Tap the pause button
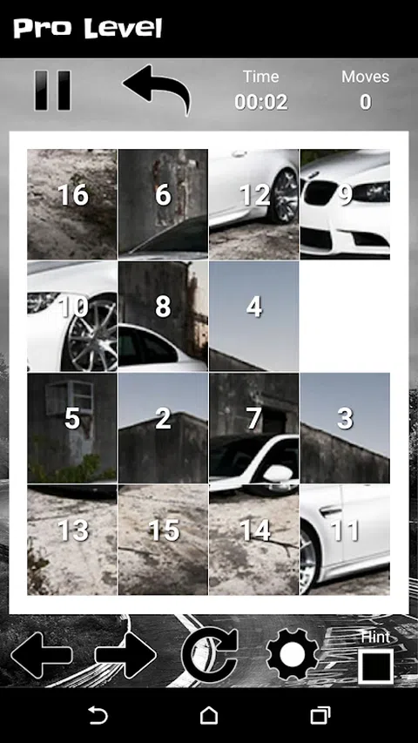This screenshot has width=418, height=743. (x=52, y=91)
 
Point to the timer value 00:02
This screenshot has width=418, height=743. (x=261, y=102)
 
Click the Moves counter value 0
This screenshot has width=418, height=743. (x=366, y=102)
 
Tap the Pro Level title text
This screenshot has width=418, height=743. (x=88, y=29)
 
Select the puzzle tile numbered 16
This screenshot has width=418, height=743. (x=72, y=204)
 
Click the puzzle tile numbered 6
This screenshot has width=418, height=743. (x=163, y=204)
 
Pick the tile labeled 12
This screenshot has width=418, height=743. (x=254, y=204)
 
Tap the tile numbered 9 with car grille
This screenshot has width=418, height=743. (x=345, y=204)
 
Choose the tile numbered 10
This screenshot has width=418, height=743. (x=72, y=316)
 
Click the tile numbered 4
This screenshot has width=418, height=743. (x=254, y=316)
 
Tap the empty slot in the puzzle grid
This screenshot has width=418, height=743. (x=345, y=316)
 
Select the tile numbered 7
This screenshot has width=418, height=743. (x=254, y=428)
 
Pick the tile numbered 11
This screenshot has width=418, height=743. (x=345, y=540)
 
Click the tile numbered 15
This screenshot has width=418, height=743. (x=163, y=540)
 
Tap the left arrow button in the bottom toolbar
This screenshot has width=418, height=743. (x=42, y=655)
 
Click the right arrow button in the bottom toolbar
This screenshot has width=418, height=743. (x=125, y=655)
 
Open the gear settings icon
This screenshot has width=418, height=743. (x=293, y=654)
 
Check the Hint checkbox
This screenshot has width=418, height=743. (x=376, y=666)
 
